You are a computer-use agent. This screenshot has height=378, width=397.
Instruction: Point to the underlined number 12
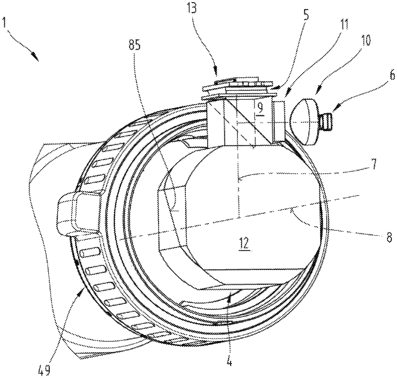point(244,244)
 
